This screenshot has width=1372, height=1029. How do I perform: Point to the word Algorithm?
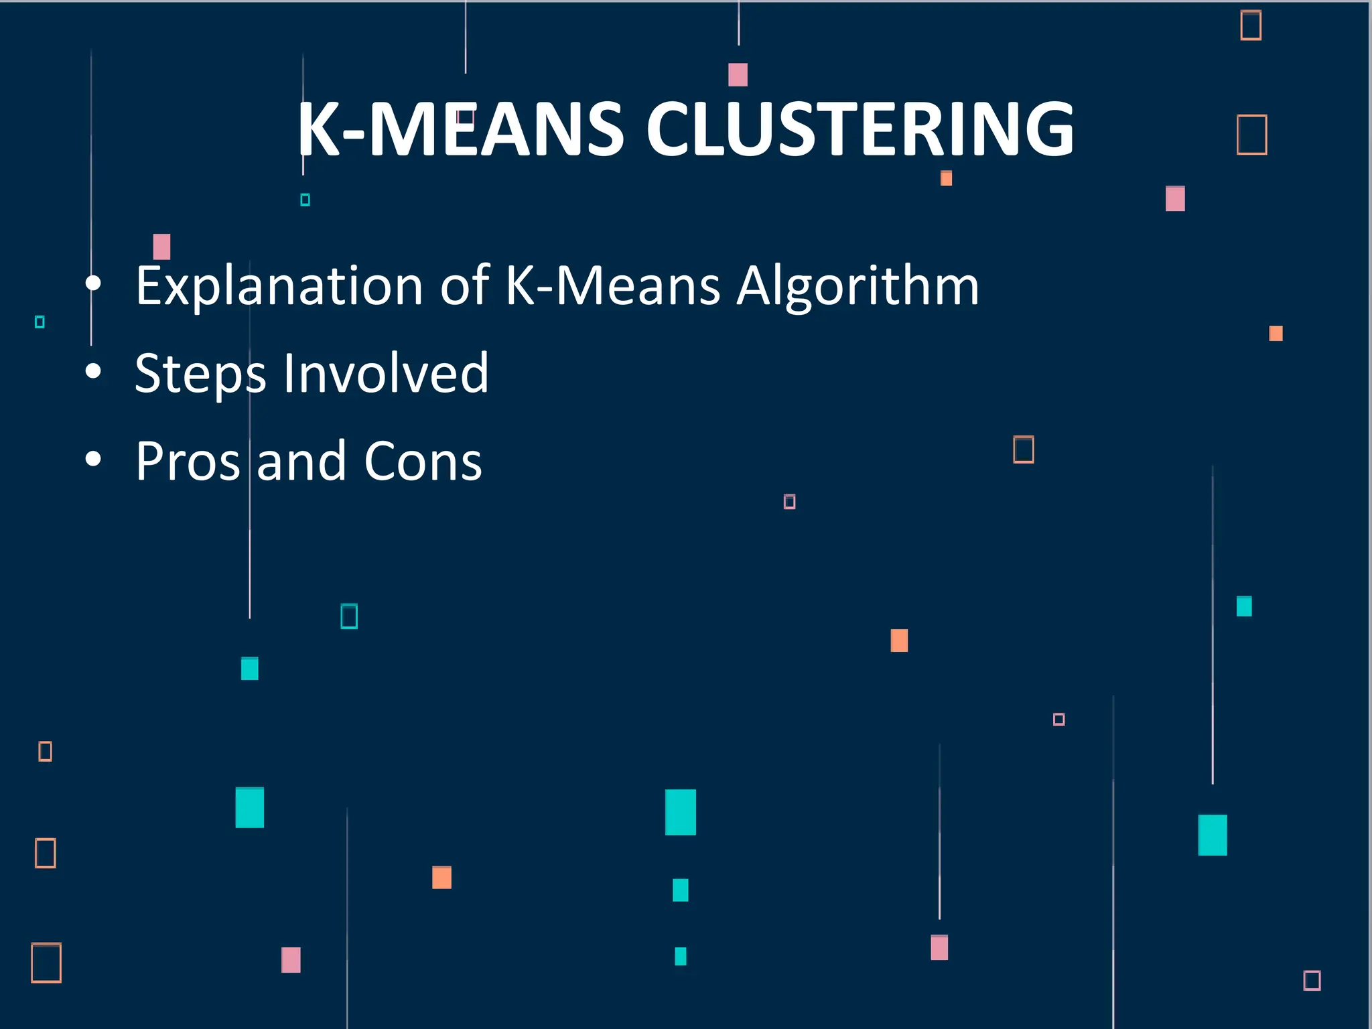coord(857,287)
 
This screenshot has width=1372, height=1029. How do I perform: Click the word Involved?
coord(386,372)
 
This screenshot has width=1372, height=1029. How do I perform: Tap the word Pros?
coord(188,462)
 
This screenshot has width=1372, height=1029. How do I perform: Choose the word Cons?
coord(423,462)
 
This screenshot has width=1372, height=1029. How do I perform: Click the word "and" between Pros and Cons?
coord(301,462)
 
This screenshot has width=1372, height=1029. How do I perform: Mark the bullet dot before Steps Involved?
coord(94,372)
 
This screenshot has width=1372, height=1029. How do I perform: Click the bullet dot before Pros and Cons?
coord(94,460)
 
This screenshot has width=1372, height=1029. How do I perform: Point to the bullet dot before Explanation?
coord(94,284)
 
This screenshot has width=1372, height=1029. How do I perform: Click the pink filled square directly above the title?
coord(738,74)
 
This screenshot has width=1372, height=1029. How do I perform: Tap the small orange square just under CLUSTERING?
coord(946,178)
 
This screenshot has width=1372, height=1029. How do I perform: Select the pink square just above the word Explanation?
coord(161,247)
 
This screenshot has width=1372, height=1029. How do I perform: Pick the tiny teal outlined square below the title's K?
coord(305,200)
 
